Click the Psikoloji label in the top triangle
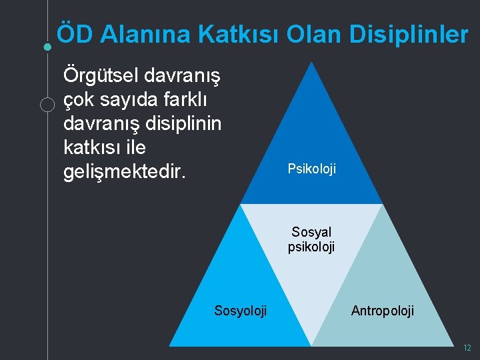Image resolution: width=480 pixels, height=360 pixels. tap(311, 169)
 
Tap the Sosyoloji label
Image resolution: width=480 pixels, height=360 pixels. tap(240, 311)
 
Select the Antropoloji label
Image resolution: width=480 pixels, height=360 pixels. tap(382, 311)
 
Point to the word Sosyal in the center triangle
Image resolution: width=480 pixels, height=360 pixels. tap(311, 233)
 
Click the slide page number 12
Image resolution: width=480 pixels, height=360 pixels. tap(467, 348)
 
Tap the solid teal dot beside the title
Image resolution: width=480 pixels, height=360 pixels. tap(47, 47)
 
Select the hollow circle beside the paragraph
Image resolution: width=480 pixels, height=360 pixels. tap(47, 105)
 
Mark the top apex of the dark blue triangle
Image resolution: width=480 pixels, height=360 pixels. tap(311, 63)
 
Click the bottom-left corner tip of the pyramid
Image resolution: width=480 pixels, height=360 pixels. tap(170, 345)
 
